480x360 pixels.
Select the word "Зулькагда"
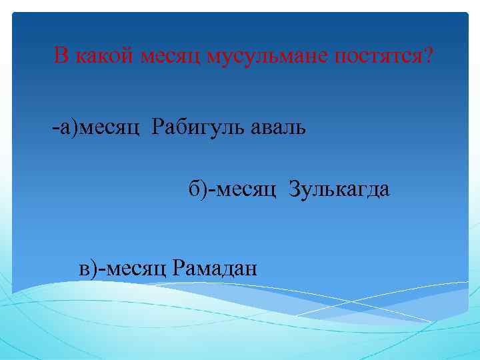[x=339, y=191]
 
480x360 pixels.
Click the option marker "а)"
[x=68, y=127]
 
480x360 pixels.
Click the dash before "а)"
[x=55, y=127]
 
